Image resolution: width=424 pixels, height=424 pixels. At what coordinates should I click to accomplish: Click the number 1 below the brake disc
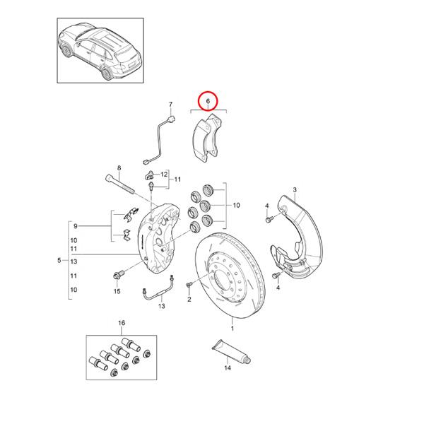pyautogui.click(x=233, y=329)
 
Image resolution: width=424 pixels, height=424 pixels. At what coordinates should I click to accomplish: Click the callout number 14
pyautogui.click(x=228, y=368)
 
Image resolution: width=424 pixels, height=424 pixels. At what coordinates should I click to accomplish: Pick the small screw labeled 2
pyautogui.click(x=189, y=284)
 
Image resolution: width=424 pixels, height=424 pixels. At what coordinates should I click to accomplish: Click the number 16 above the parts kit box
pyautogui.click(x=121, y=323)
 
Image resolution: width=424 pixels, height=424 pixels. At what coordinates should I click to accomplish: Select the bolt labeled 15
pyautogui.click(x=118, y=273)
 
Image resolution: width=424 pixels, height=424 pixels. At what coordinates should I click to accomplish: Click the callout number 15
pyautogui.click(x=117, y=290)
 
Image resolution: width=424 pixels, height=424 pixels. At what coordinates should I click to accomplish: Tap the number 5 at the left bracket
pyautogui.click(x=59, y=261)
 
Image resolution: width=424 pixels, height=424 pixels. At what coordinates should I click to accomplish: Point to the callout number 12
pyautogui.click(x=164, y=174)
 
